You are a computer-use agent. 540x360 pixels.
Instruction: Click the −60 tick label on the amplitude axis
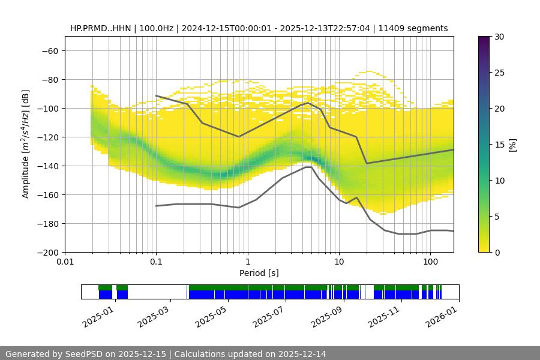click(49, 50)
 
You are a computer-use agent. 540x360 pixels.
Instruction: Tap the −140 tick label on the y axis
click(47, 166)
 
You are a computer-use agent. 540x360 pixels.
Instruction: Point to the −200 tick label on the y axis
click(47, 252)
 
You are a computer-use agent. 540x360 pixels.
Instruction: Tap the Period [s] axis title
click(259, 273)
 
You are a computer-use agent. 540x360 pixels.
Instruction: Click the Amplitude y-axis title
click(26, 144)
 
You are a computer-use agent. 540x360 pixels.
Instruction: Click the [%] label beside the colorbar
click(512, 145)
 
